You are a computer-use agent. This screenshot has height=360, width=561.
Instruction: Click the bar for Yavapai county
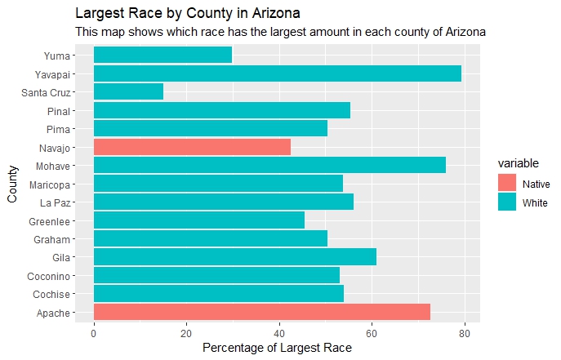coord(278,73)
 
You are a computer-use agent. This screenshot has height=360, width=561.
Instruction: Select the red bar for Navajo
coord(192,147)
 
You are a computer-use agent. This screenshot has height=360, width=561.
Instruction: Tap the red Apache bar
coord(262,313)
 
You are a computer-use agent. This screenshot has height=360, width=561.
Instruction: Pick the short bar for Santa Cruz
coord(128,91)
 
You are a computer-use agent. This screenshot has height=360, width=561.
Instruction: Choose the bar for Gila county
coord(235,257)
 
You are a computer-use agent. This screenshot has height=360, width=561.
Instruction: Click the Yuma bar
coord(163,55)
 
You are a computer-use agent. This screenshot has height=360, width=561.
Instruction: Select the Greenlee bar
coord(199,220)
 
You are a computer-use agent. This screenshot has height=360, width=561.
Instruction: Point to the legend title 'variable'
coord(519,163)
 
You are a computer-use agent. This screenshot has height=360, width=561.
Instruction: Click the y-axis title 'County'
coord(12,184)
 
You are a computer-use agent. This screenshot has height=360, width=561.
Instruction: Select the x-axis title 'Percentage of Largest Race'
coord(278,349)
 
